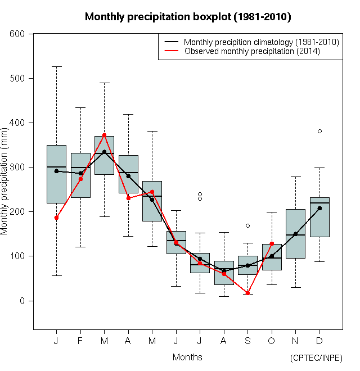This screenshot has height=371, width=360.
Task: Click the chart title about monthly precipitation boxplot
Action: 187,17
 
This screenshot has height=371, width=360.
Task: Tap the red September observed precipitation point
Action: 247,293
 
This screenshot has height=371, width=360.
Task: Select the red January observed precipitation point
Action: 56,218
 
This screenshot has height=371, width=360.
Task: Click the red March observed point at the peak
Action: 104,135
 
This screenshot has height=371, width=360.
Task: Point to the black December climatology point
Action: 319,208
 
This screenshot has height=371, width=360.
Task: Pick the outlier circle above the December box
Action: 319,131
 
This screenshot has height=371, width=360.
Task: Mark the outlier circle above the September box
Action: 247,225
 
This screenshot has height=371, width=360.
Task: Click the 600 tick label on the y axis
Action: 18,34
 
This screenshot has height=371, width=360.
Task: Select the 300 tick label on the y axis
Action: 18,167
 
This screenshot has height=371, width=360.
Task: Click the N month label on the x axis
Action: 295,341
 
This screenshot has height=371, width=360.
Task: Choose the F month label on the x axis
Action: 80,341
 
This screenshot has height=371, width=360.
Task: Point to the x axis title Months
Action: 187,357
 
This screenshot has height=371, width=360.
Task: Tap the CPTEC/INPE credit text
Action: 316,358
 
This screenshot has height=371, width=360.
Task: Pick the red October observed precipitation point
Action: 272,244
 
